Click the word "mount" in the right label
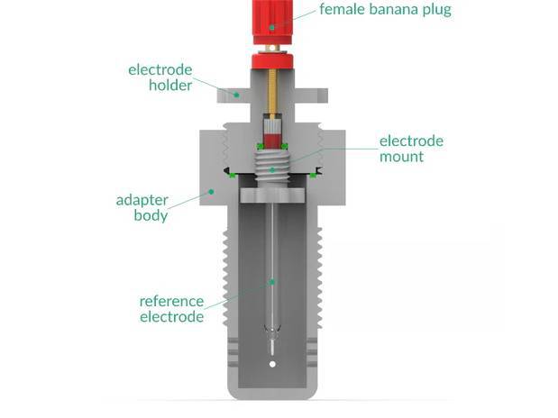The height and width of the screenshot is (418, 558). pyautogui.click(x=402, y=158)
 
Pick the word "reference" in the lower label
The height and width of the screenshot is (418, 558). pyautogui.click(x=171, y=300)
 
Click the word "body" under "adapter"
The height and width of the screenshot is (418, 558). pyautogui.click(x=151, y=216)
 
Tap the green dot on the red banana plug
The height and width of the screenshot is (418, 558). pyautogui.click(x=270, y=26)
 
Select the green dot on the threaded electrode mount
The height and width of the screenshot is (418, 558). pyautogui.click(x=270, y=168)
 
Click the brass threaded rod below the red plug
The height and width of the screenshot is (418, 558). pyautogui.click(x=271, y=94)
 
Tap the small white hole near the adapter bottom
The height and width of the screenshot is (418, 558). pyautogui.click(x=272, y=364)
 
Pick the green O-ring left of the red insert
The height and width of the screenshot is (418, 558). pyautogui.click(x=259, y=145)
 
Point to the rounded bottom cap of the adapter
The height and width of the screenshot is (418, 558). pyautogui.click(x=272, y=390)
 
